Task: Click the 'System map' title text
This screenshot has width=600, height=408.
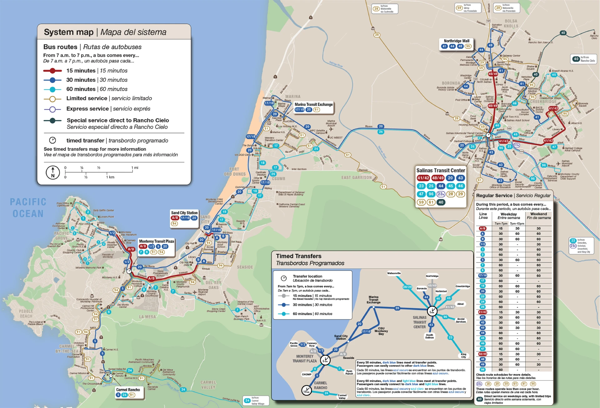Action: pyautogui.click(x=69, y=32)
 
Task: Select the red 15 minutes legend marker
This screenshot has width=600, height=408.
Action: pyautogui.click(x=52, y=71)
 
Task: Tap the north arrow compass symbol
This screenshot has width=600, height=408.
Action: pyautogui.click(x=52, y=172)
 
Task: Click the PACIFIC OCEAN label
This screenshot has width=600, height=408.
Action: pyautogui.click(x=28, y=208)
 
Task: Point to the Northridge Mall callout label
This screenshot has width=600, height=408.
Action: pyautogui.click(x=456, y=41)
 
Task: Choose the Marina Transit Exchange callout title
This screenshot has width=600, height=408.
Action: pyautogui.click(x=313, y=105)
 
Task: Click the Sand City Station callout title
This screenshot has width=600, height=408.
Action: pyautogui.click(x=184, y=213)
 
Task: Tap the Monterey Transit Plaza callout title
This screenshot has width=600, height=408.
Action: pyautogui.click(x=156, y=241)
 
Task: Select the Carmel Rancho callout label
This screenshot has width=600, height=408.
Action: pyautogui.click(x=128, y=390)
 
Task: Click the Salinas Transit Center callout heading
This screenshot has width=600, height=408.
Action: pyautogui.click(x=441, y=171)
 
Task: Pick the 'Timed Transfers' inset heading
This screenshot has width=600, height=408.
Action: pyautogui.click(x=298, y=256)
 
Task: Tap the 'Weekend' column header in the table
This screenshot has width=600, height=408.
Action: pyautogui.click(x=538, y=214)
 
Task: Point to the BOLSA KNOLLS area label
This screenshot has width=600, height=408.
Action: pyautogui.click(x=511, y=23)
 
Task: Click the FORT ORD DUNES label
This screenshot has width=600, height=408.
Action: pyautogui.click(x=234, y=172)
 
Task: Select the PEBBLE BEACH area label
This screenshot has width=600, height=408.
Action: pyautogui.click(x=26, y=314)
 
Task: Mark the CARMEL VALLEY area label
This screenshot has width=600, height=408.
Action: pyautogui.click(x=208, y=385)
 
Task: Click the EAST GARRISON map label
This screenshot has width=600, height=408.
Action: pyautogui.click(x=356, y=177)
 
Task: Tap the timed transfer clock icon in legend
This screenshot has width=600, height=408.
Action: pyautogui.click(x=52, y=140)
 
